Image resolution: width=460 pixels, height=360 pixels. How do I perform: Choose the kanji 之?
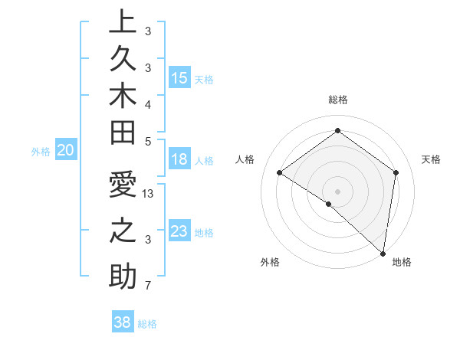pyautogui.click(x=122, y=232)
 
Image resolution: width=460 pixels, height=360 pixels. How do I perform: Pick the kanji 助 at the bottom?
pyautogui.click(x=122, y=276)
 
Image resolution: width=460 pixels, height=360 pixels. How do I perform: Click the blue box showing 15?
pyautogui.click(x=179, y=78)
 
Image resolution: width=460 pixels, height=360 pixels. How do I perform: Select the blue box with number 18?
pyautogui.click(x=179, y=160)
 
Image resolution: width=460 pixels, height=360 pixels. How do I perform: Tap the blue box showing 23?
pyautogui.click(x=179, y=231)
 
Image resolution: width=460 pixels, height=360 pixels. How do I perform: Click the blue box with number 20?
pyautogui.click(x=66, y=151)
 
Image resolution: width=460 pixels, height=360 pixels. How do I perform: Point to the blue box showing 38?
pyautogui.click(x=122, y=322)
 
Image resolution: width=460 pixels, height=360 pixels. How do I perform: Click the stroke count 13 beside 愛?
pyautogui.click(x=149, y=194)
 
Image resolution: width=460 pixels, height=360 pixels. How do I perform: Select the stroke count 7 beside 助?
pyautogui.click(x=148, y=286)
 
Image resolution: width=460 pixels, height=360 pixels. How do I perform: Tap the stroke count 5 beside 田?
pyautogui.click(x=148, y=141)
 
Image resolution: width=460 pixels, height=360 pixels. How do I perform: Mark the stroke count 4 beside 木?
pyautogui.click(x=148, y=103)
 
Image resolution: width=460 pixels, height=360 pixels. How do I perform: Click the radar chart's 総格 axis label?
pyautogui.click(x=337, y=100)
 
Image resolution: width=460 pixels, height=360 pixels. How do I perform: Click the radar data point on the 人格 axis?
pyautogui.click(x=280, y=173)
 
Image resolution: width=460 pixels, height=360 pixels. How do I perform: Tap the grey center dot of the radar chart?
pyautogui.click(x=337, y=191)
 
